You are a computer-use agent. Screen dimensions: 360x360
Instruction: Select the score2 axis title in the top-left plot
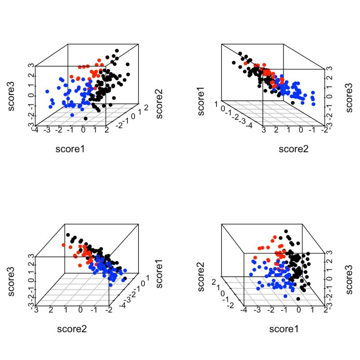(x=159, y=104)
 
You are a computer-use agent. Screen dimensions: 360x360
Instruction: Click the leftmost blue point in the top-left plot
(x=47, y=91)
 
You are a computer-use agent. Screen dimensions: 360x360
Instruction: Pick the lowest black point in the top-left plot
(x=86, y=118)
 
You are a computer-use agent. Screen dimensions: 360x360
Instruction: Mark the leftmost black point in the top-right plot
(x=234, y=62)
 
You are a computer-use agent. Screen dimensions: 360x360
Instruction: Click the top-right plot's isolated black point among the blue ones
(x=293, y=102)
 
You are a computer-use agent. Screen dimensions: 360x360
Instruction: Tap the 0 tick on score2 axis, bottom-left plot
(x=81, y=310)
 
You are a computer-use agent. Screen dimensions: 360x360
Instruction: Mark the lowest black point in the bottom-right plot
(x=298, y=298)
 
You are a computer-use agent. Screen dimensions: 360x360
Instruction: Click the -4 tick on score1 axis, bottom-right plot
(x=243, y=310)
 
